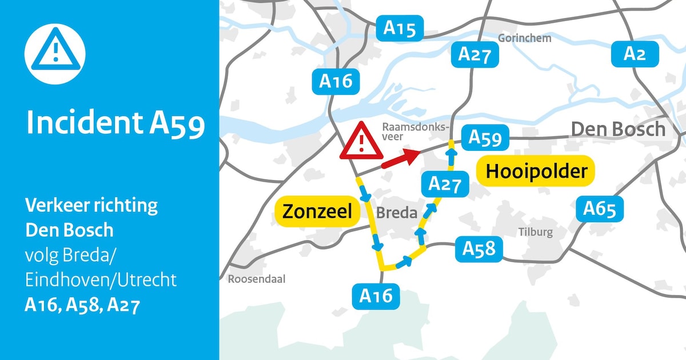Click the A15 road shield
[x=400, y=28]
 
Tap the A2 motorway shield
[x=635, y=54]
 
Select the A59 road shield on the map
[x=485, y=138]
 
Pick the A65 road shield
[x=600, y=209]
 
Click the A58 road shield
[x=479, y=249]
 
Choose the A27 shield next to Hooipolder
[x=444, y=184]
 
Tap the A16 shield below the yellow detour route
[x=376, y=295]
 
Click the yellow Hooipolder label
[x=536, y=171]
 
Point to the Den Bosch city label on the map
[x=619, y=129]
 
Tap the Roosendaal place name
[x=256, y=279]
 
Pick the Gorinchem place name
[x=524, y=38]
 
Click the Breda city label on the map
[x=396, y=214]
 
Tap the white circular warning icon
[x=55, y=54]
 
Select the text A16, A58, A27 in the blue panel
[x=82, y=306]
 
